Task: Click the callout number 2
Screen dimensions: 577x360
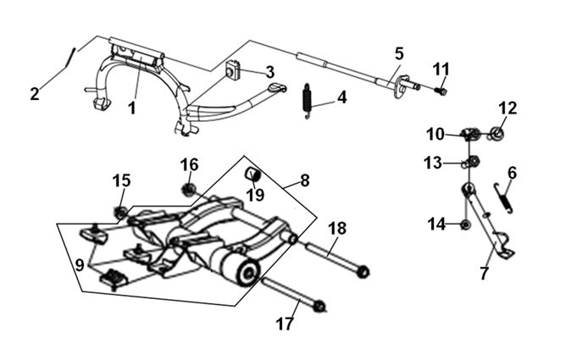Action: click(34, 94)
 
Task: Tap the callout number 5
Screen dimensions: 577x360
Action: click(399, 53)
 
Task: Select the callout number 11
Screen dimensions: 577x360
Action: click(441, 69)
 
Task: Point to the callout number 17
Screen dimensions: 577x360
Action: click(285, 324)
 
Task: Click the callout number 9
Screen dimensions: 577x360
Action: click(80, 265)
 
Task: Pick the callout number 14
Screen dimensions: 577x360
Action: click(436, 224)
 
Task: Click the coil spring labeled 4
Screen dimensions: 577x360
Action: click(307, 101)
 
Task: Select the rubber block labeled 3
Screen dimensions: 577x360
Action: click(232, 70)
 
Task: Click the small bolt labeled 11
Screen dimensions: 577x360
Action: click(441, 91)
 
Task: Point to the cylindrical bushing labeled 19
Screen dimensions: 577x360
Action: click(252, 173)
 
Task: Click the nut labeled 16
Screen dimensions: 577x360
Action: click(188, 190)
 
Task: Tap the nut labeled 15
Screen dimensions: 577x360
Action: click(120, 213)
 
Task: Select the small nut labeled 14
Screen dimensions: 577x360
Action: click(465, 224)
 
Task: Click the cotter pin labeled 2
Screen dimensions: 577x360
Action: click(70, 58)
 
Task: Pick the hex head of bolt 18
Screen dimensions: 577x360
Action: click(363, 271)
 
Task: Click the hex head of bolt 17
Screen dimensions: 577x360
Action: click(319, 306)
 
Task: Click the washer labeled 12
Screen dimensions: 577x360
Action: click(497, 134)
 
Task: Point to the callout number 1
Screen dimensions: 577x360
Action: click(131, 108)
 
